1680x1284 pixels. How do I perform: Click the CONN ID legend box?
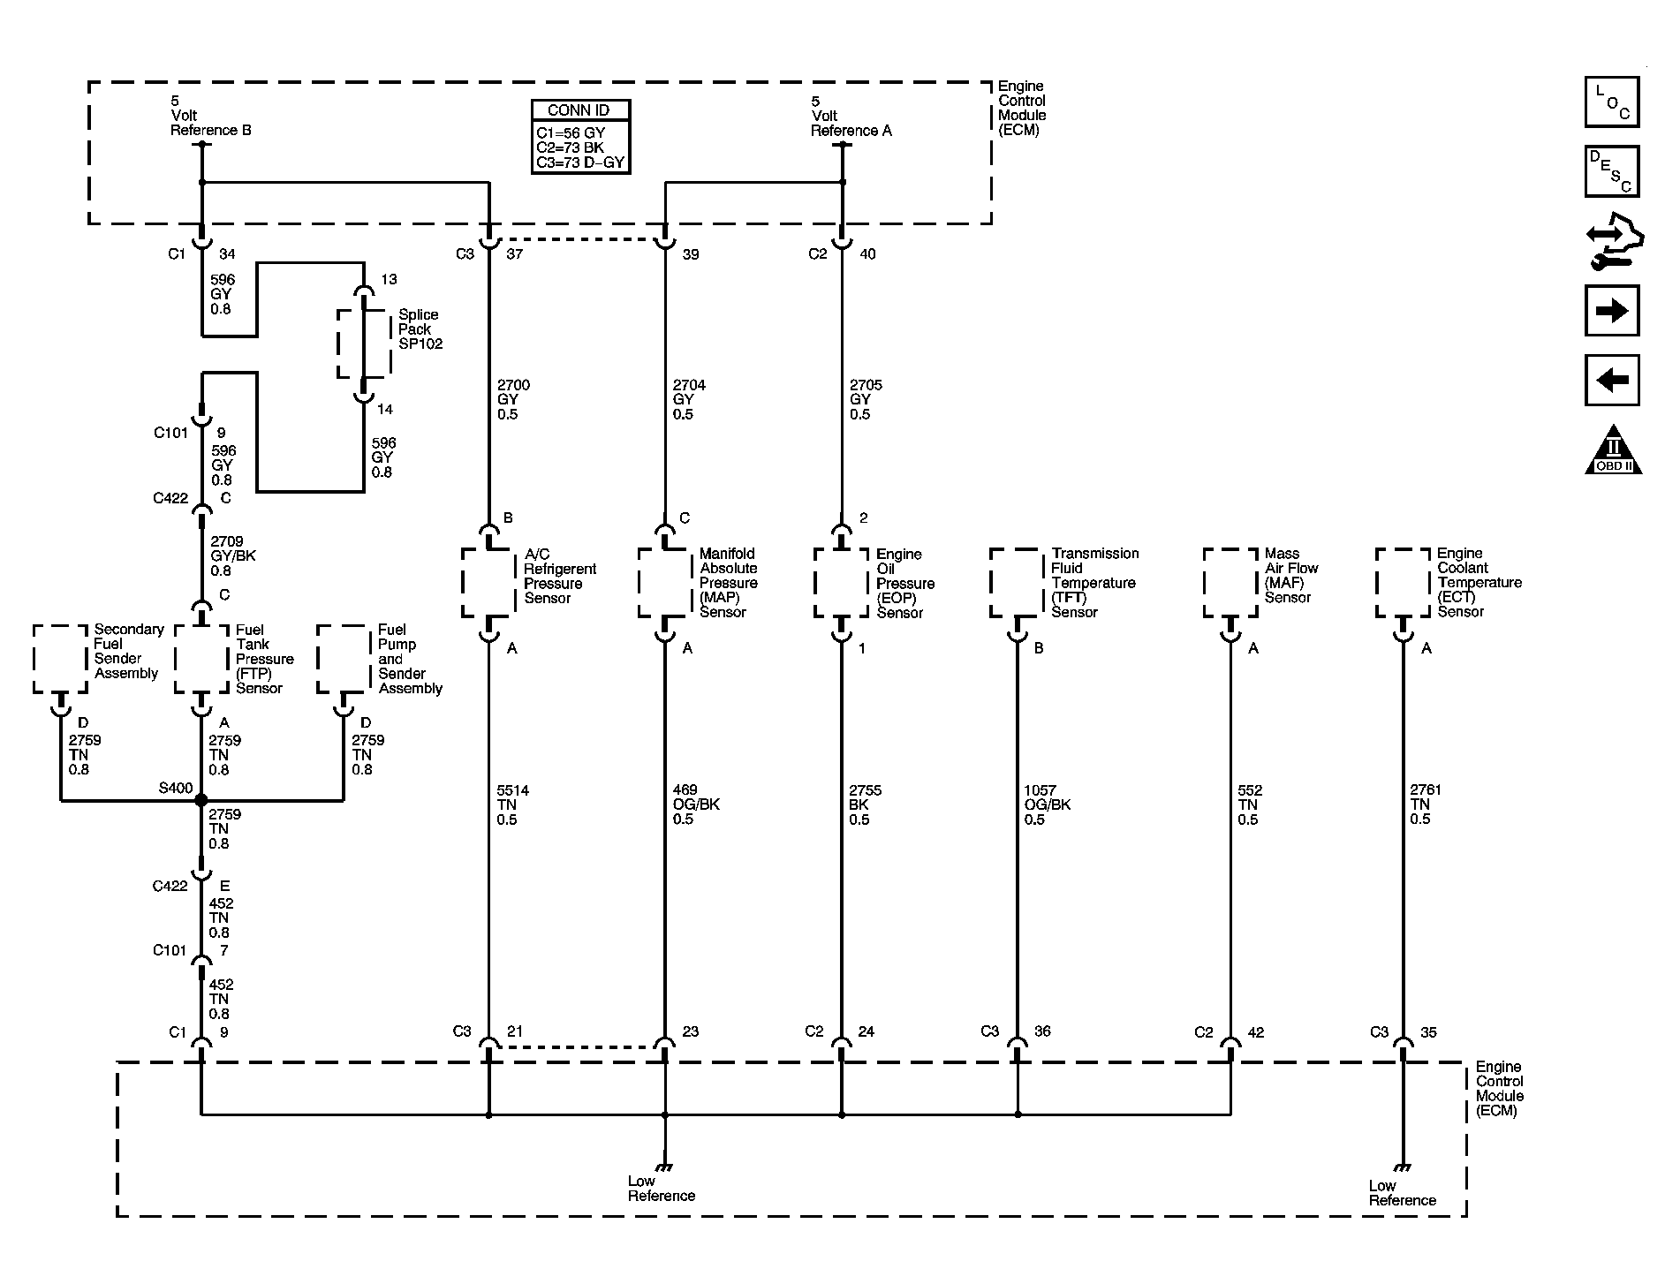[580, 136]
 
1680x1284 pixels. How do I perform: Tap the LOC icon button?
[1612, 102]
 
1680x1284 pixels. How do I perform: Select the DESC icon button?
[1612, 170]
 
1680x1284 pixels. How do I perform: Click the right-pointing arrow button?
[1612, 310]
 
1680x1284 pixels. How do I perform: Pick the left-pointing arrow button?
[1612, 380]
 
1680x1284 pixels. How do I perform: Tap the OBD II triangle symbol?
[1613, 449]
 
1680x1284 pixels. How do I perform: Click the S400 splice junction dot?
[201, 800]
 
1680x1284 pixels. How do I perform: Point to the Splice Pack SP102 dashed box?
[364, 344]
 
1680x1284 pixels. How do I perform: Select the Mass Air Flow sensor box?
[1230, 583]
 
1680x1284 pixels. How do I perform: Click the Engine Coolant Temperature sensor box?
[1403, 583]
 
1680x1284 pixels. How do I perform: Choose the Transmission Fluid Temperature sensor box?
[1018, 583]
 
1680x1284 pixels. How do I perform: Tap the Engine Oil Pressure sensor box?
[841, 583]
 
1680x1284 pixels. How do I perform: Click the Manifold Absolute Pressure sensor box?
[665, 583]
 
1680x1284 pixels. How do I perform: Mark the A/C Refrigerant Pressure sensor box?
[488, 583]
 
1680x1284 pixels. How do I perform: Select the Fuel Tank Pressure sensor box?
[201, 660]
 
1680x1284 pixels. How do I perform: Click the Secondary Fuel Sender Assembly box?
[61, 660]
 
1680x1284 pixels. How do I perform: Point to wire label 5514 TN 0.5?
[513, 804]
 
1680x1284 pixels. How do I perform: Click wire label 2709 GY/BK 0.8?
[233, 555]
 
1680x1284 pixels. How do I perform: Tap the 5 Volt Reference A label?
[851, 116]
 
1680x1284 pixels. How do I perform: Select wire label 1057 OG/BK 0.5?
[1048, 804]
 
